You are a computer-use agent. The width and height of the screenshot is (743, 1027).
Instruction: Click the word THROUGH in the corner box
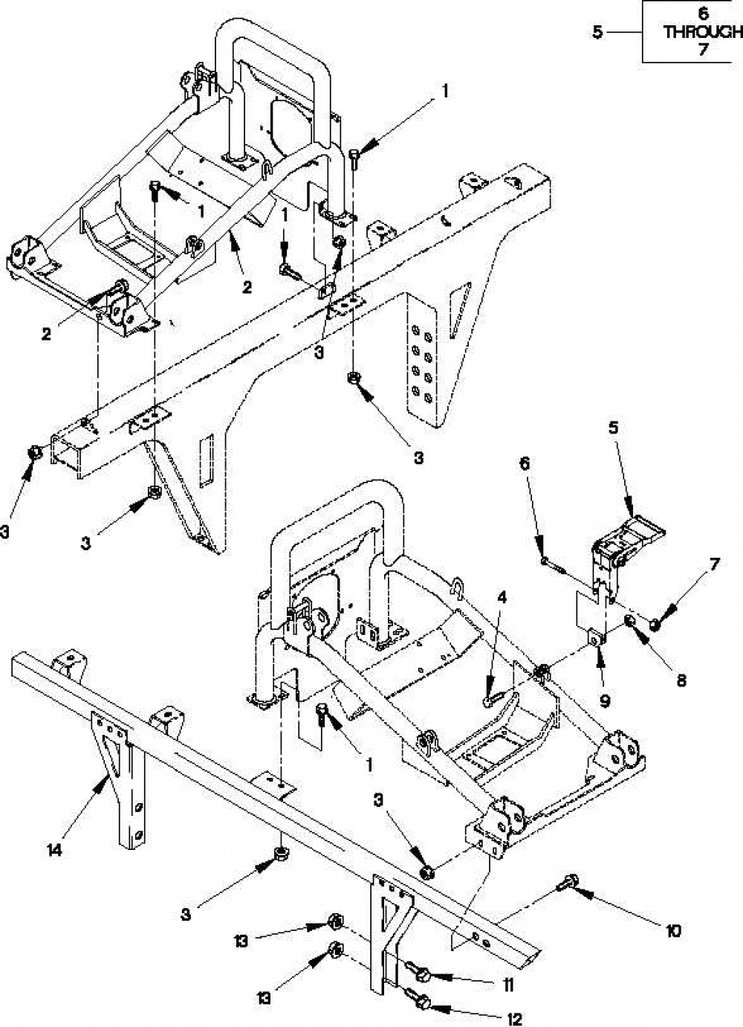(704, 32)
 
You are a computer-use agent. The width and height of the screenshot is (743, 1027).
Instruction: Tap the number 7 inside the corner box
(703, 48)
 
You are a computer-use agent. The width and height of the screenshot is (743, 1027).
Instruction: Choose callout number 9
(604, 701)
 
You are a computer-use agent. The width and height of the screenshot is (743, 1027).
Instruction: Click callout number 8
(681, 681)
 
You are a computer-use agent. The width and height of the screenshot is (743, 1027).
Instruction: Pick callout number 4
(503, 598)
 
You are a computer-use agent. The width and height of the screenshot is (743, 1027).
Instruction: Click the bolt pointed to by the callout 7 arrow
(655, 622)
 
